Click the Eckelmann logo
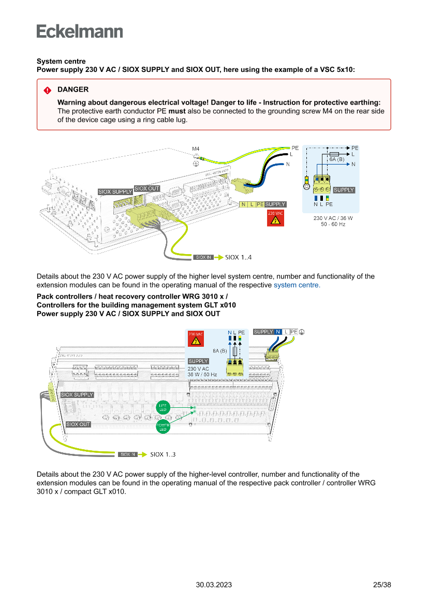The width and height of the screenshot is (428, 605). (x=80, y=32)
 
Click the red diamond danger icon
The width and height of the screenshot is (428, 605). (x=47, y=90)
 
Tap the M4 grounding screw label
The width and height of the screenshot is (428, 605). (x=196, y=149)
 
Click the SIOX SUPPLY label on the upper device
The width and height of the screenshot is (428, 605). (x=115, y=192)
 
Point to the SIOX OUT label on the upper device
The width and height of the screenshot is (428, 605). (x=147, y=188)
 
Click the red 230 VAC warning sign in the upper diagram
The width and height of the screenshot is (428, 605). (x=275, y=218)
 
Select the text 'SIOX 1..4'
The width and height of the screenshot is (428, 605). (x=239, y=257)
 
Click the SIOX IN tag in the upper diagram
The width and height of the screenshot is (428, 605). (x=203, y=257)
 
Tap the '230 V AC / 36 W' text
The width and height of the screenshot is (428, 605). (x=333, y=218)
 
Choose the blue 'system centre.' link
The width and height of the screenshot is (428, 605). (x=297, y=285)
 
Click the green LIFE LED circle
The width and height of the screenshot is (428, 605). (x=163, y=407)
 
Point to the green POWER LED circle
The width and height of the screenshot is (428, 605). (x=163, y=427)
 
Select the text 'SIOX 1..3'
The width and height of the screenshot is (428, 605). (x=163, y=454)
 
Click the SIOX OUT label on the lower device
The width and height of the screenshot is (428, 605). (x=79, y=424)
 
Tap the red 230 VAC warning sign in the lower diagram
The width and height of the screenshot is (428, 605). (x=196, y=339)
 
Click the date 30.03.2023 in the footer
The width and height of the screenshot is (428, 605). (x=214, y=585)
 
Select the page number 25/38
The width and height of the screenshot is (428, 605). (x=382, y=585)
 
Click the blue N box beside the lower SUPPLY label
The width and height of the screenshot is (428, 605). (x=278, y=332)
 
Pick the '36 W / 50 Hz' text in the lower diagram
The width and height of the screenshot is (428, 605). (x=202, y=374)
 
